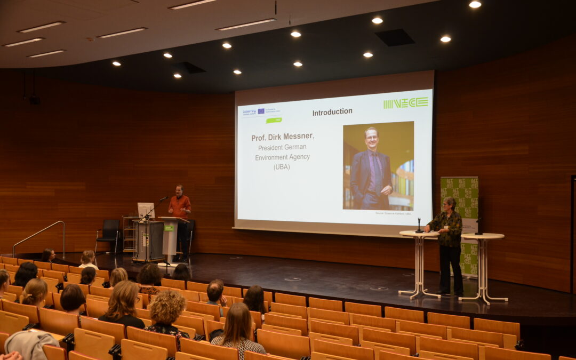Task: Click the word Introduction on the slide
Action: pyautogui.click(x=332, y=111)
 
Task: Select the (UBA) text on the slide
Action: pyautogui.click(x=282, y=167)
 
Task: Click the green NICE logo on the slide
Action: pyautogui.click(x=405, y=103)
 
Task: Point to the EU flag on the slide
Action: pyautogui.click(x=261, y=111)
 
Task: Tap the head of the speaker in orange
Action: pyautogui.click(x=180, y=190)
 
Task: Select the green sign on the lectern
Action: pyautogui.click(x=169, y=227)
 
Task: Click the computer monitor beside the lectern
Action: pyautogui.click(x=145, y=210)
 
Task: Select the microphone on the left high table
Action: pyautogui.click(x=419, y=226)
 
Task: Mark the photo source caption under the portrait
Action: pyautogui.click(x=393, y=213)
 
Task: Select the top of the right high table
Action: pyautogui.click(x=482, y=236)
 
